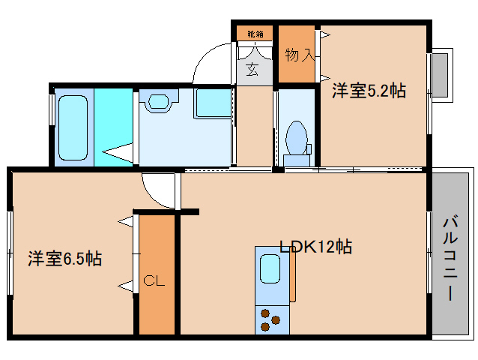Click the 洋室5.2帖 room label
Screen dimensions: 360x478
(369, 91)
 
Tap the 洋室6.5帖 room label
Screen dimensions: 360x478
(65, 259)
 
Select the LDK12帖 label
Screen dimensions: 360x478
(315, 246)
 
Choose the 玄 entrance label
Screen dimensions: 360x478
(252, 71)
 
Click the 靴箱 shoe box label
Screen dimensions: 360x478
(255, 34)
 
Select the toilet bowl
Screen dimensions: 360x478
(297, 138)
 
